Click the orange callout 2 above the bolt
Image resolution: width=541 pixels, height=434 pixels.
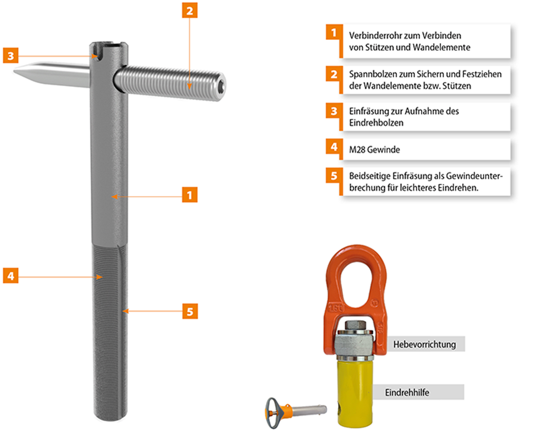pyautogui.click(x=190, y=10)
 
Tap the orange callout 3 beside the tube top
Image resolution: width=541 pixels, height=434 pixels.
pyautogui.click(x=10, y=55)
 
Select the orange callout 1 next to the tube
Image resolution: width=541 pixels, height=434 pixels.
pyautogui.click(x=190, y=195)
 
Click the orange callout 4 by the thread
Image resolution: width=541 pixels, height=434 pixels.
pyautogui.click(x=10, y=275)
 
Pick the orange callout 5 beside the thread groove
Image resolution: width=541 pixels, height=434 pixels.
pyautogui.click(x=190, y=311)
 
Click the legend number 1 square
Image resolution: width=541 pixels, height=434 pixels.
pyautogui.click(x=334, y=32)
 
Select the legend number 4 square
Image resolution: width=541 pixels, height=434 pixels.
pyautogui.click(x=334, y=146)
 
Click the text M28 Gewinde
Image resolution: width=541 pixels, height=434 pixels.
pyautogui.click(x=374, y=150)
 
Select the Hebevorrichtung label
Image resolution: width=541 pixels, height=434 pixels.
pyautogui.click(x=425, y=344)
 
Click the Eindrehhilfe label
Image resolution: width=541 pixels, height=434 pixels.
pyautogui.click(x=407, y=392)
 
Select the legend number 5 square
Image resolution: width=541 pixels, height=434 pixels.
pyautogui.click(x=334, y=175)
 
